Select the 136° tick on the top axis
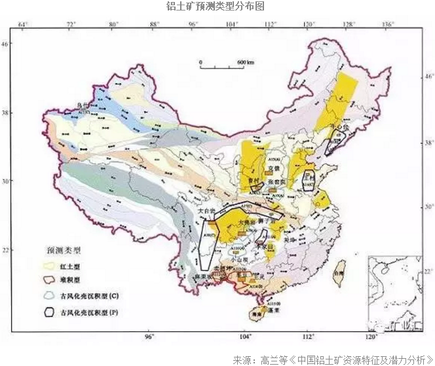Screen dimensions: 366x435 click(x=388, y=25)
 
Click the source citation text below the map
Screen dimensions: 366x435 click(x=332, y=359)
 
